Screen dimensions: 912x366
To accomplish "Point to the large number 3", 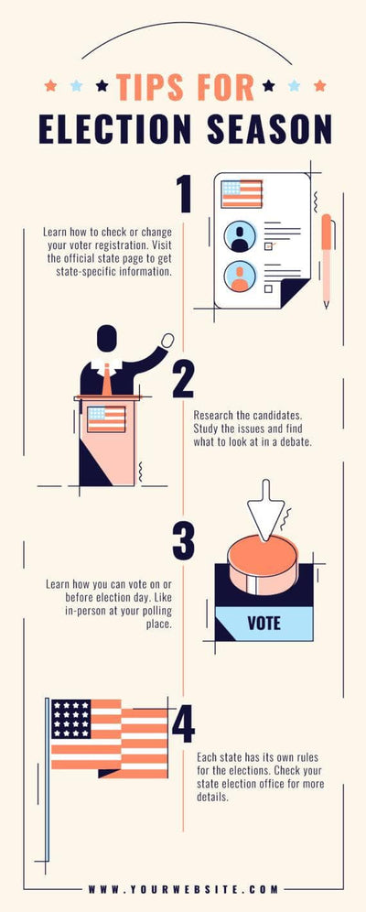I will click(183, 540).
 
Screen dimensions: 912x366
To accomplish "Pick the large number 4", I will click(183, 723).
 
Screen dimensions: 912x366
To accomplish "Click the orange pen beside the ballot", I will click(326, 260).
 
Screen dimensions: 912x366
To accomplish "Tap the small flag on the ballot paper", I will click(242, 193).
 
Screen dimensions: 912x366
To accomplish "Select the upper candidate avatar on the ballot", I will click(240, 236).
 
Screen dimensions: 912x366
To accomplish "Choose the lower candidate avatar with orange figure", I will click(240, 276).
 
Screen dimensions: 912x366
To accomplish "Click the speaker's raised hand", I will click(167, 340).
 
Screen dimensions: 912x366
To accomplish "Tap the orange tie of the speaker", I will click(107, 379).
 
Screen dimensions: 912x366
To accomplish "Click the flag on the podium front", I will click(106, 418).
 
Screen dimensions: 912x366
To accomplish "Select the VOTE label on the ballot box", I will click(264, 624).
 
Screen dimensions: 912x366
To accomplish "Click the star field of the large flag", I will click(70, 720).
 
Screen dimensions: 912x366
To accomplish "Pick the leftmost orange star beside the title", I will click(51, 86).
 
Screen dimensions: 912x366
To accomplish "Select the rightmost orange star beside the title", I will click(319, 86).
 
